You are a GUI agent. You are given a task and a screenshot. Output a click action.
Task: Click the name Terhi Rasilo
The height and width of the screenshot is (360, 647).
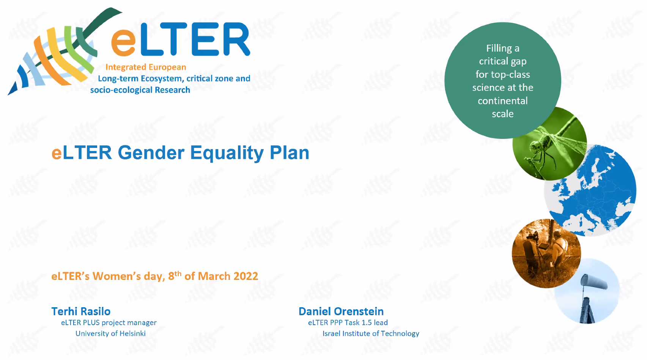pyautogui.click(x=81, y=311)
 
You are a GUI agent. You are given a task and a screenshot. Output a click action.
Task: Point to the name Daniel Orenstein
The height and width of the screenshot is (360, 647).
pyautogui.click(x=341, y=311)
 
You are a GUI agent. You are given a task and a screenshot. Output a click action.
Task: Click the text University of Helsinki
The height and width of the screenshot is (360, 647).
pyautogui.click(x=111, y=333)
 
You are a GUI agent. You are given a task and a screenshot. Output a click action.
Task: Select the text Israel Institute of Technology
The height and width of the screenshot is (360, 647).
pyautogui.click(x=371, y=333)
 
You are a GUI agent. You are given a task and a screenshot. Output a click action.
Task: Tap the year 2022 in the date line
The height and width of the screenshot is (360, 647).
pyautogui.click(x=246, y=276)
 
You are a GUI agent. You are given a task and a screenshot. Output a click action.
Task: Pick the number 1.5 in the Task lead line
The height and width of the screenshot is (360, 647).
pyautogui.click(x=367, y=322)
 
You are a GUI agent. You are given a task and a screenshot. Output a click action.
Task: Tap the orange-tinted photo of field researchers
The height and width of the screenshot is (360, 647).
pyautogui.click(x=546, y=253)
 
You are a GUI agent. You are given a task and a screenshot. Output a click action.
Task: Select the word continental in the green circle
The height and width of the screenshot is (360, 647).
pyautogui.click(x=502, y=101)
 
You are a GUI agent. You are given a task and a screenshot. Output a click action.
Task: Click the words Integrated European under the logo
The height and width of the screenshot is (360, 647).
pyautogui.click(x=146, y=67)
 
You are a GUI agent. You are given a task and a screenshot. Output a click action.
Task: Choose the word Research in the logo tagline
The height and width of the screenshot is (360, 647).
pyautogui.click(x=172, y=90)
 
